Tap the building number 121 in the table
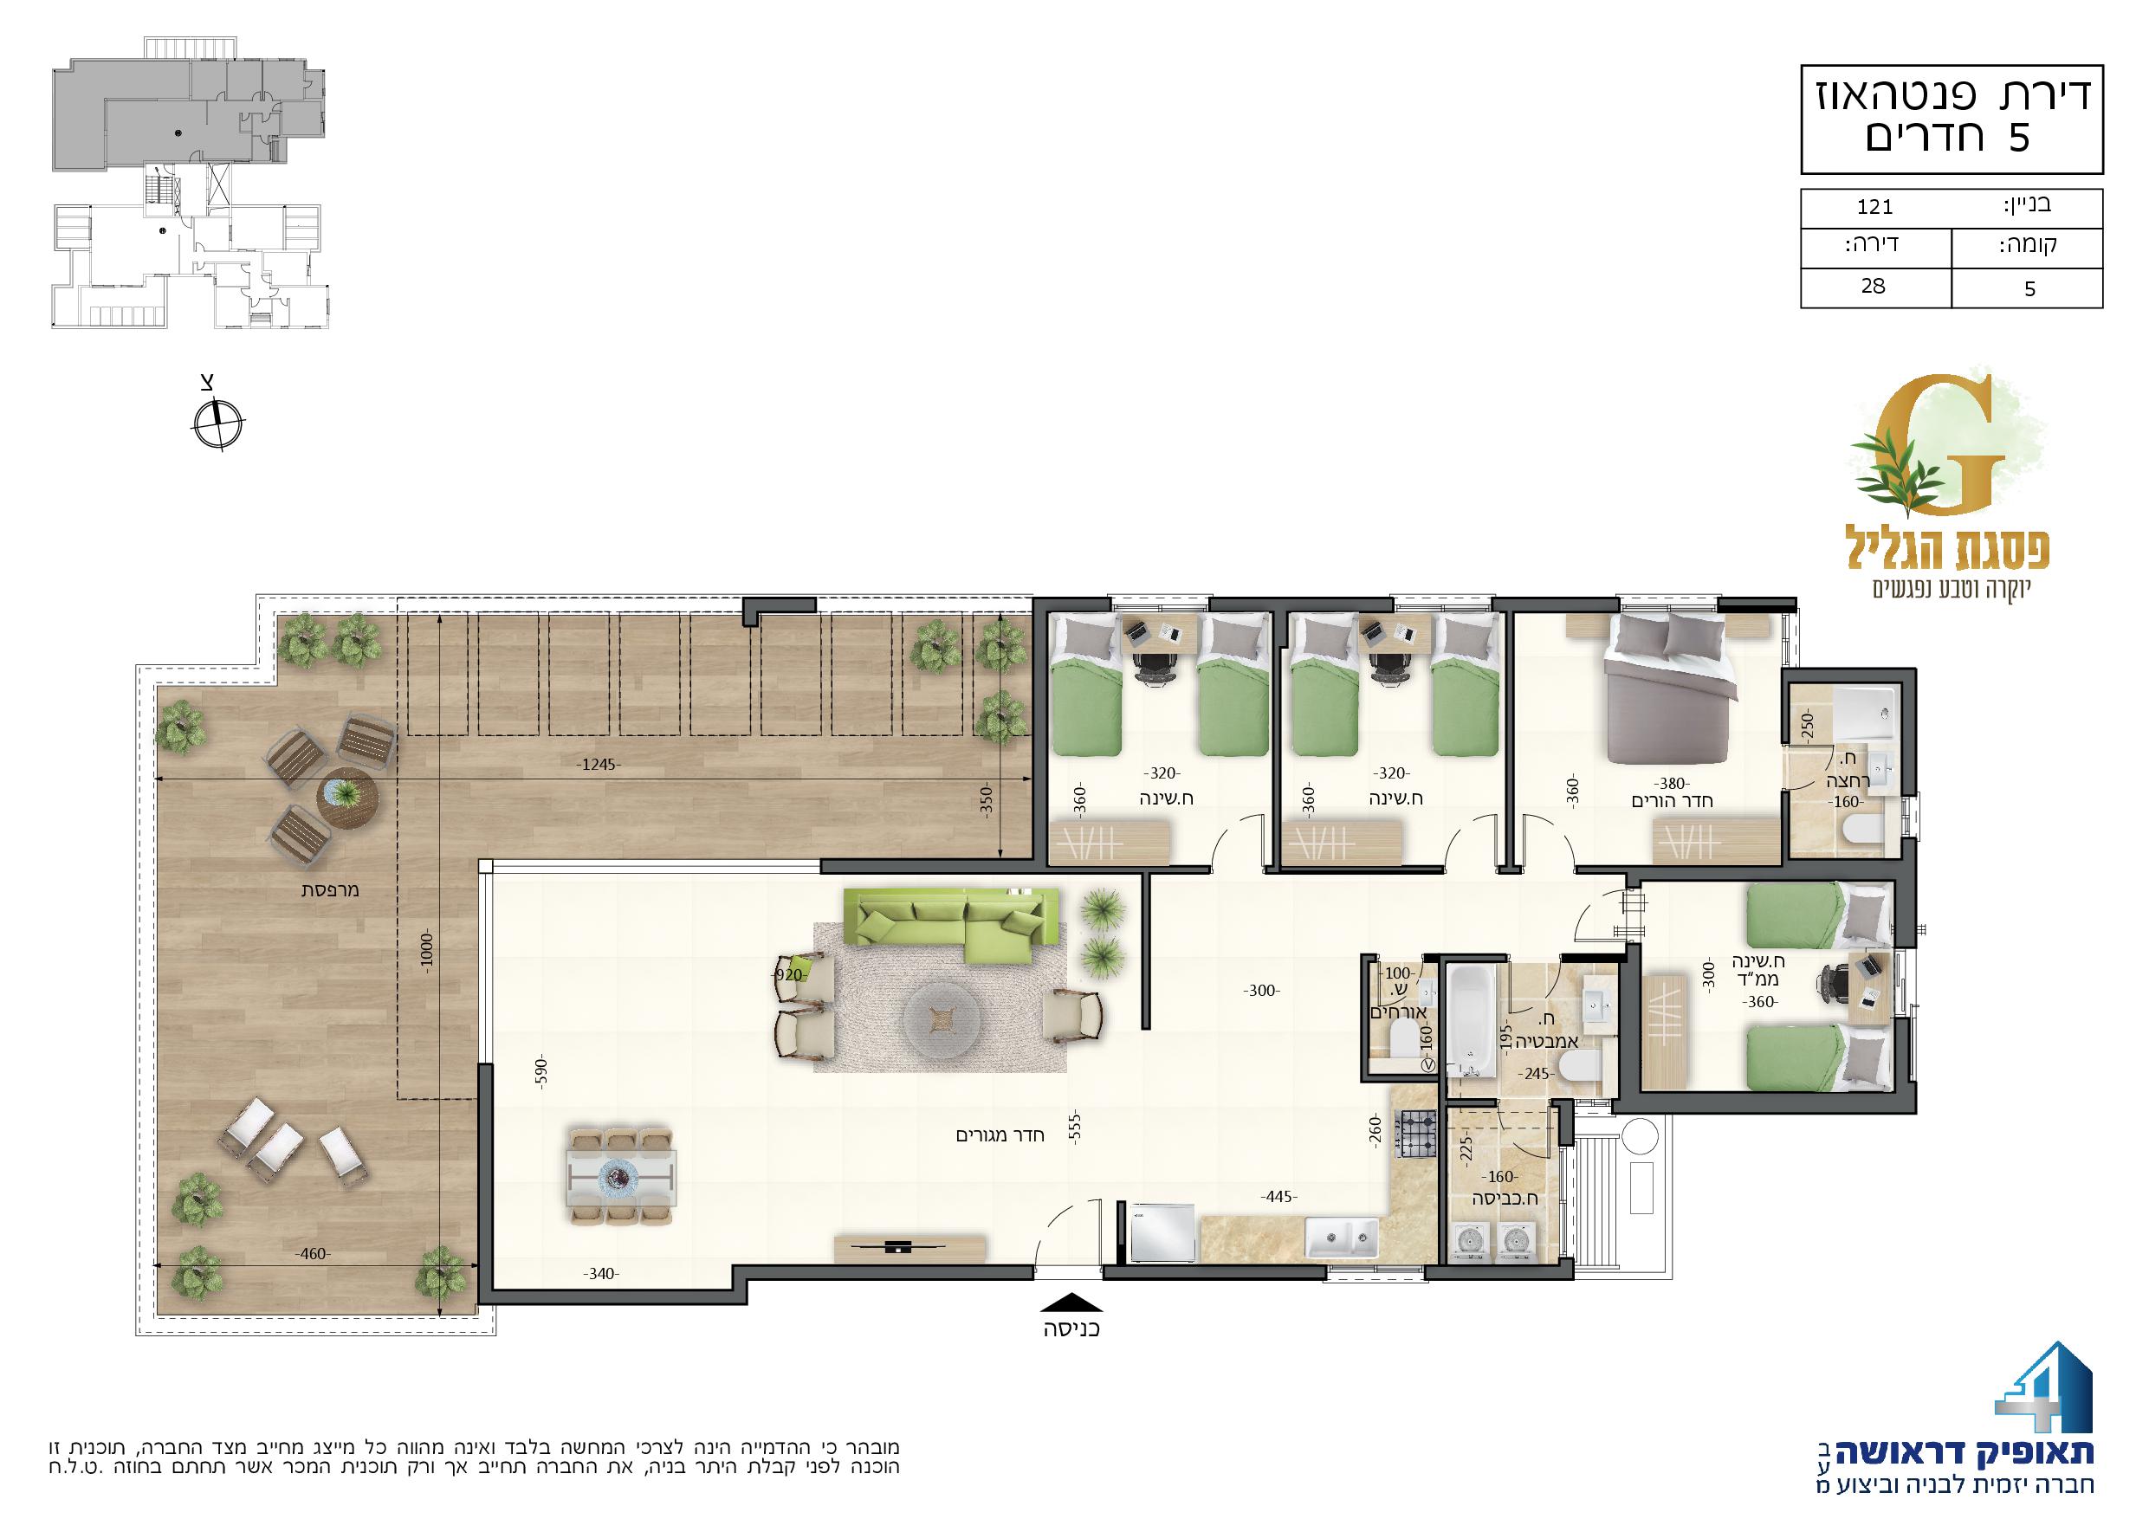click(1874, 207)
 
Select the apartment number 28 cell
click(1874, 287)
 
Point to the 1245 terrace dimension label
click(598, 765)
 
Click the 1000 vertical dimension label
click(427, 953)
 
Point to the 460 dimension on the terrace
click(313, 1253)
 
